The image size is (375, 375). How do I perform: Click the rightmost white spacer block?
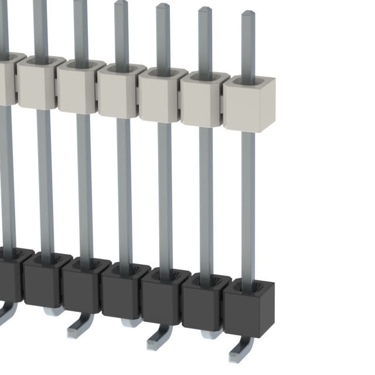coord(250,105)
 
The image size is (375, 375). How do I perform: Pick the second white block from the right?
coord(202,100)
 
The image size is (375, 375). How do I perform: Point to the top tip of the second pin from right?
coord(205,10)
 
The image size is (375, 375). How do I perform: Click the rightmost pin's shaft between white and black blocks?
coord(248,199)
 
